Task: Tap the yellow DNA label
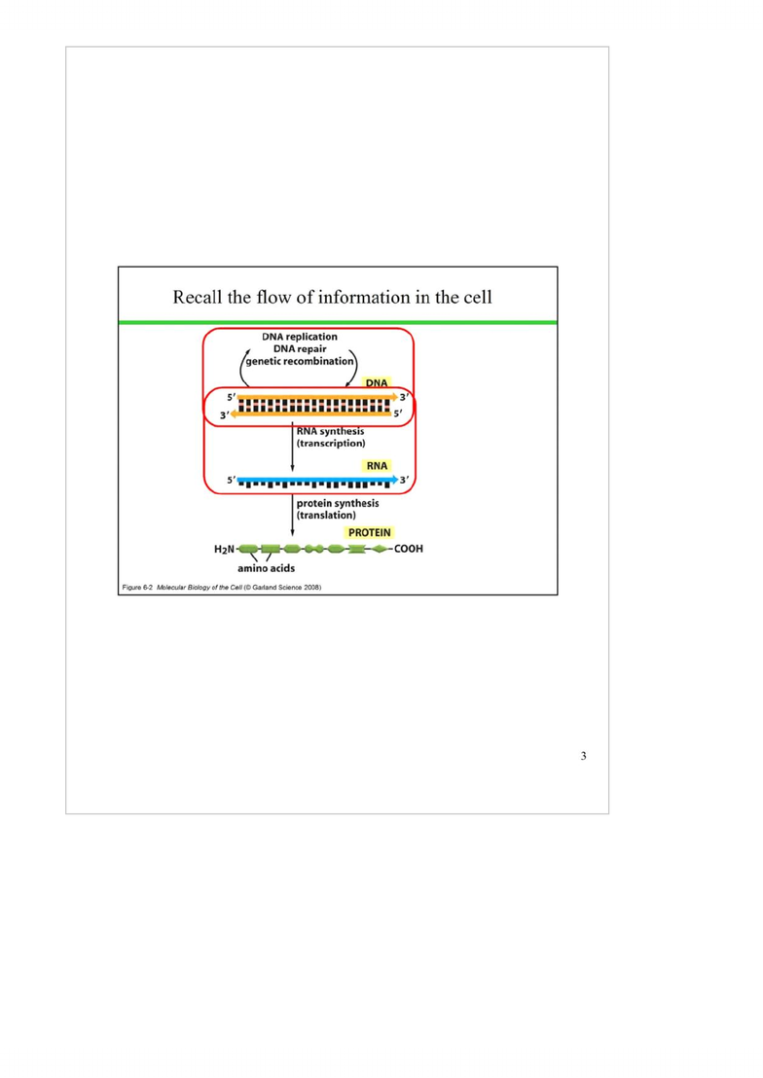tap(377, 383)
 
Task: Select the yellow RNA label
tap(377, 466)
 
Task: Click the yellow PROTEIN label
tap(370, 533)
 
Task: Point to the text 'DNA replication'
tap(300, 337)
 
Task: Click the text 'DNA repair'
tap(300, 348)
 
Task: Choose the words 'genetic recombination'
tap(300, 361)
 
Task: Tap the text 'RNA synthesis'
tap(330, 431)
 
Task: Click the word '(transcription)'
tap(331, 444)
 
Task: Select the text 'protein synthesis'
tap(337, 503)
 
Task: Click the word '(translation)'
tap(326, 515)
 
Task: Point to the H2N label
tap(224, 550)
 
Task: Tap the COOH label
tap(409, 549)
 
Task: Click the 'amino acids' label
tap(267, 568)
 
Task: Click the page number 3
tap(583, 756)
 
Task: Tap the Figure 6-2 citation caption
tap(222, 588)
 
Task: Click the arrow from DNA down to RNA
tap(292, 447)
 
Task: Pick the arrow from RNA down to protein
tap(292, 515)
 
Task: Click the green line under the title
tap(338, 322)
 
